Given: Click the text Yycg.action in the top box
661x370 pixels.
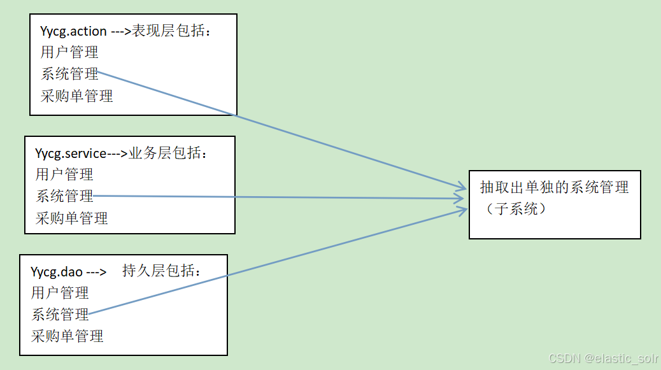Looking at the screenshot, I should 73,31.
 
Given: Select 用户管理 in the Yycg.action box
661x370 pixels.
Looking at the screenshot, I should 69,52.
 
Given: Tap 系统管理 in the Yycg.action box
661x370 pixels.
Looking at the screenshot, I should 69,74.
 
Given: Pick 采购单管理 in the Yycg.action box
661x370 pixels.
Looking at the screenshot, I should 76,96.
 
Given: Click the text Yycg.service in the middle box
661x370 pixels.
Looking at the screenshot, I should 71,153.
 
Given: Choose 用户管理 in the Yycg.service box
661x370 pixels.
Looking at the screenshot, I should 64,174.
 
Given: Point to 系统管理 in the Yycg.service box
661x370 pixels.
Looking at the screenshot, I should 64,196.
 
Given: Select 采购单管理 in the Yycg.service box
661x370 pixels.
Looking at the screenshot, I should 72,218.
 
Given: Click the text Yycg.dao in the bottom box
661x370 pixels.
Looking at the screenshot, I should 57,272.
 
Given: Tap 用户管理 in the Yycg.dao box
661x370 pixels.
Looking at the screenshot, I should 60,293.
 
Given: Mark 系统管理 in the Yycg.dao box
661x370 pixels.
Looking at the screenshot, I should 60,315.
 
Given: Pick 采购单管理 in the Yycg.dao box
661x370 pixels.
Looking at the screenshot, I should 67,336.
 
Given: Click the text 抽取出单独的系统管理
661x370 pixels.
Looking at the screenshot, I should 554,187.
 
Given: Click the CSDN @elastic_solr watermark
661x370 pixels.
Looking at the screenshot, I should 602,359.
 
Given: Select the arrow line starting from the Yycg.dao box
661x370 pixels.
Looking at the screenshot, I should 287,259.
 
